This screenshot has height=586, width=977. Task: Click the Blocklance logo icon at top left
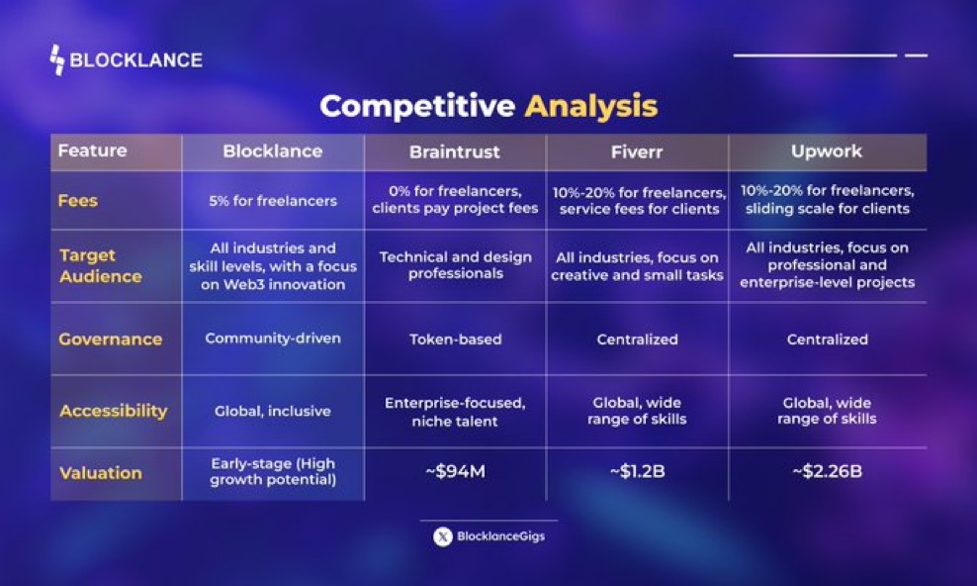point(57,60)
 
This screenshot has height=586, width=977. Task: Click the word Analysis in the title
point(590,106)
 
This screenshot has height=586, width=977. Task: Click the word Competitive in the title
point(417,106)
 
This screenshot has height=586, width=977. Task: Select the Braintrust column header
point(455,151)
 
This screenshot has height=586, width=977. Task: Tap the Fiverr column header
point(637,151)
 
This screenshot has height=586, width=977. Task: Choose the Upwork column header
point(827,151)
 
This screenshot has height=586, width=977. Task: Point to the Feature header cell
point(93,151)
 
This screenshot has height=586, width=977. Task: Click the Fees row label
point(78,200)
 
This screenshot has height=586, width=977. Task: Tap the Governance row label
point(110,339)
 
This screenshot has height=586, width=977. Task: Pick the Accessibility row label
point(113,411)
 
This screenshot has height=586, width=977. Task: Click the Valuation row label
point(100,473)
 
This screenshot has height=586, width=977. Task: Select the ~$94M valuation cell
point(455,471)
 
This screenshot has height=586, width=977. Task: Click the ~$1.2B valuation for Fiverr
point(637,471)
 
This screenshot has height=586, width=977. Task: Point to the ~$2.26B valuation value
point(827,471)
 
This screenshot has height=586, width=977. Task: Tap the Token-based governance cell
point(455,340)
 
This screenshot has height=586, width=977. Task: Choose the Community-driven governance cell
point(273,339)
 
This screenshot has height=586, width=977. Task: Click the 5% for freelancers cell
point(273,201)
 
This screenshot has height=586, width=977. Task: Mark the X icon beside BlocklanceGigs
point(443,537)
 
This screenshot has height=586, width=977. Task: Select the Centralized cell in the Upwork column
point(827,340)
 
